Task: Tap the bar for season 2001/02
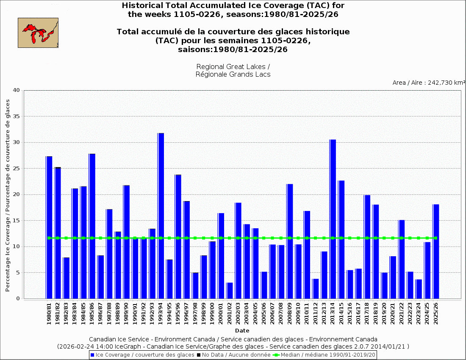[230, 291]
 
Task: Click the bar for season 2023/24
[419, 289]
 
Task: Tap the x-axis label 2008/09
[290, 313]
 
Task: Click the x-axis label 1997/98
[195, 313]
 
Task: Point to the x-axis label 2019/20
[384, 313]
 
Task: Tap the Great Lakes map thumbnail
[38, 33]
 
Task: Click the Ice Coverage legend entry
[142, 354]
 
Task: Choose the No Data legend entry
[233, 354]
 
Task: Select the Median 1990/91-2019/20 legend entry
[324, 354]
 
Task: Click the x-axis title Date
[242, 331]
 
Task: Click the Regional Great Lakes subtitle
[233, 71]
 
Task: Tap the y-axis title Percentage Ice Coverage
[8, 195]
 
